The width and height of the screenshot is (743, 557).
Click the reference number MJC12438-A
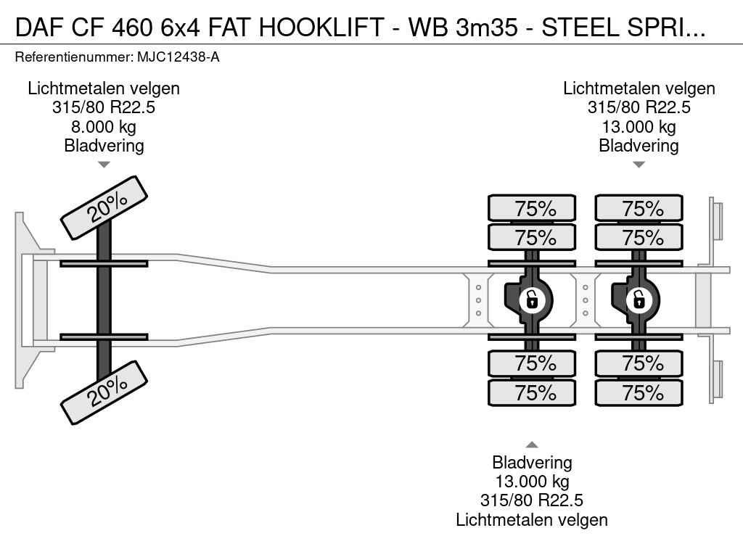point(178,57)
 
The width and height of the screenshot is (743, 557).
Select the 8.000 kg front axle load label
point(104,127)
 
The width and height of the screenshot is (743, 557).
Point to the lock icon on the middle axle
point(531,299)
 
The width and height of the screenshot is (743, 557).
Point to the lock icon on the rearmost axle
point(639,299)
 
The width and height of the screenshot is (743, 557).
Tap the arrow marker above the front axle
point(104,165)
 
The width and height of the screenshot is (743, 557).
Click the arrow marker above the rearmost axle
point(639,165)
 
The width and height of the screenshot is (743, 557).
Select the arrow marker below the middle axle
point(532,445)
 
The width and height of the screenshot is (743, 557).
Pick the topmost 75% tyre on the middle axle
point(532,208)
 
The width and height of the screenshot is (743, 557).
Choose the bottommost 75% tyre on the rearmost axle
point(639,392)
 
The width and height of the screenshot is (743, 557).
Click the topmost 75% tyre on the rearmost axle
point(639,208)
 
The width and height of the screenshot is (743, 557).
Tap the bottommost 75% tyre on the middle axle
point(532,392)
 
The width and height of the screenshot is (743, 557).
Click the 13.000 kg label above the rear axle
point(639,127)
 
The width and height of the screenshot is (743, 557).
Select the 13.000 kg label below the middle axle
point(532,482)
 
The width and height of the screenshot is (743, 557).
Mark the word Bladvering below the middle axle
point(532,463)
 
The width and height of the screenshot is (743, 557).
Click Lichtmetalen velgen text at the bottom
point(532,519)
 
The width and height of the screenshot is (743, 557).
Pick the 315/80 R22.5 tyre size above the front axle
point(104,108)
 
